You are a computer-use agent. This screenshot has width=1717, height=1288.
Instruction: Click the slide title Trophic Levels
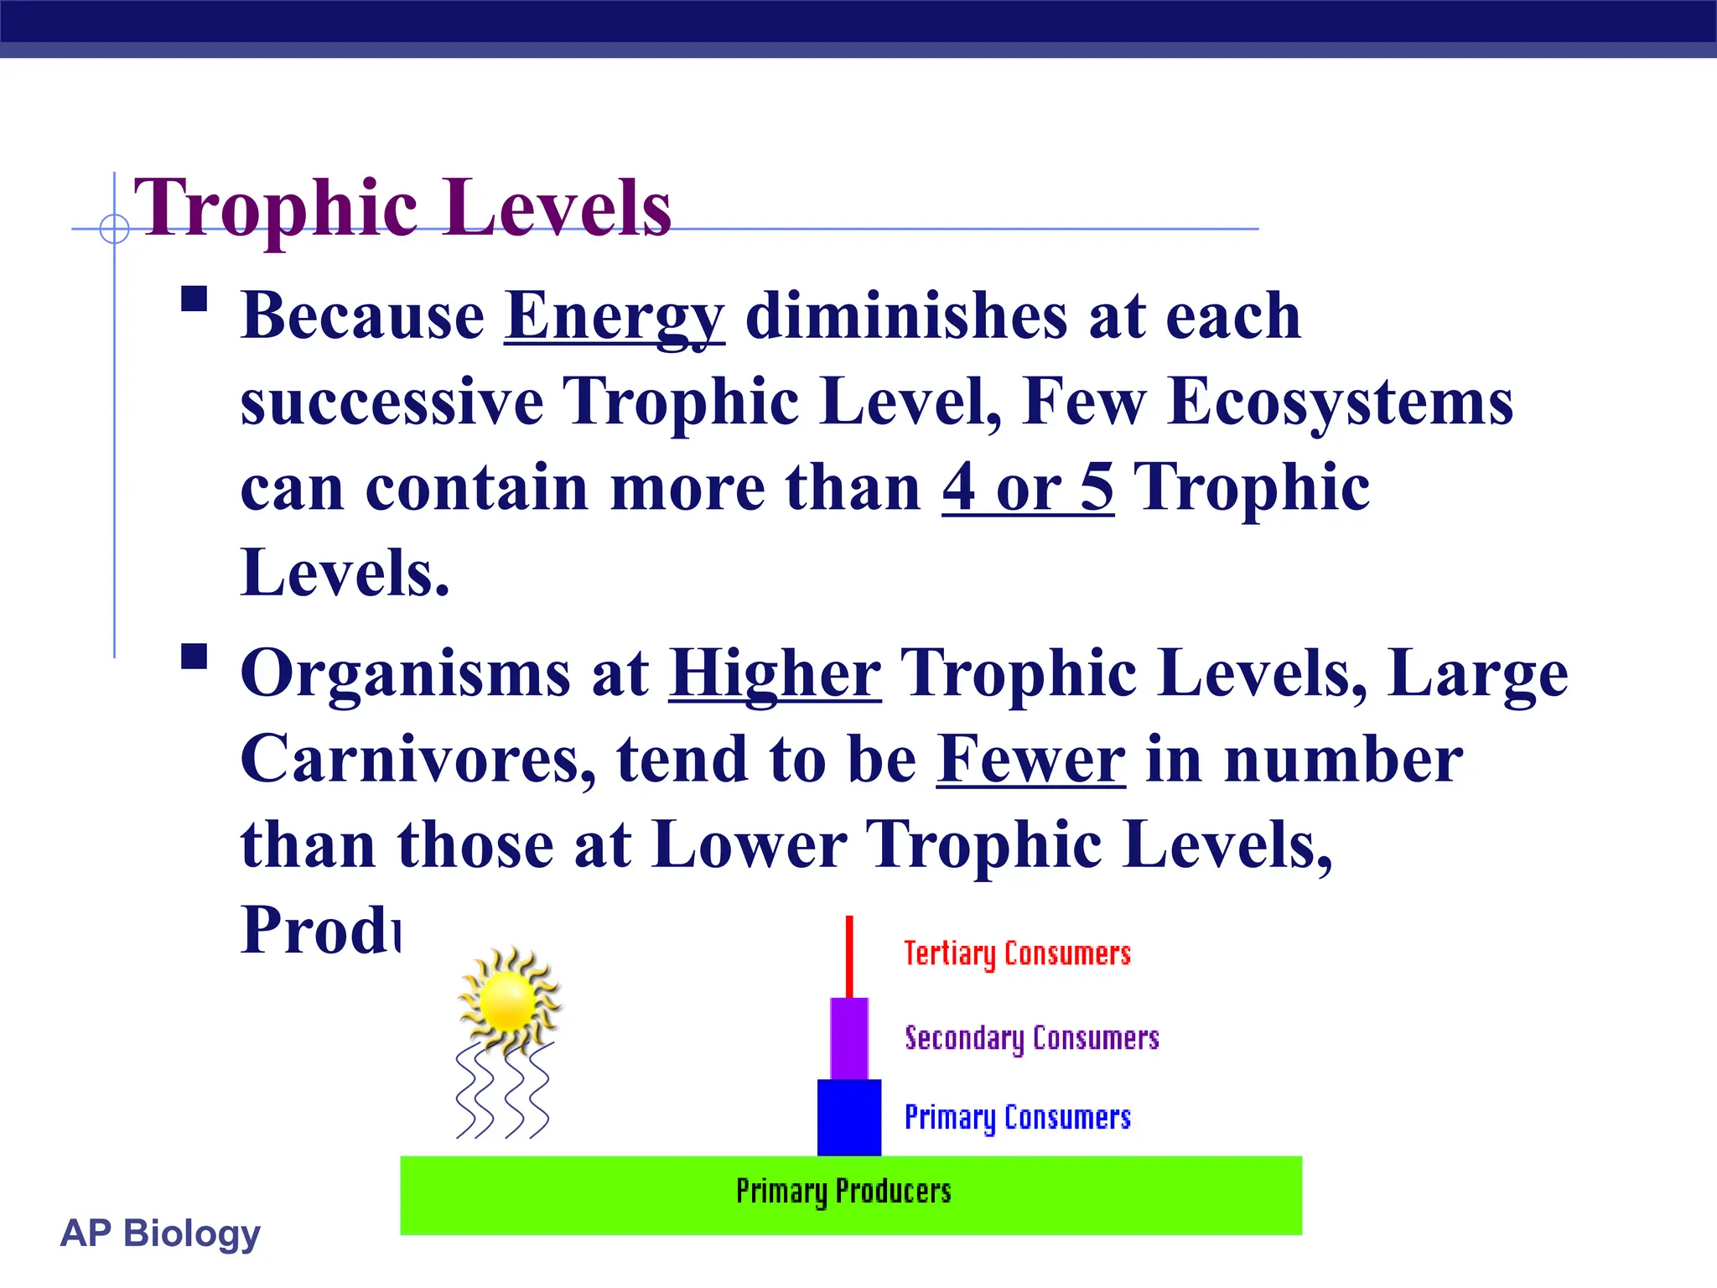click(402, 208)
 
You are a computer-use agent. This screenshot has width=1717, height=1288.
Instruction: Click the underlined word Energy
click(615, 317)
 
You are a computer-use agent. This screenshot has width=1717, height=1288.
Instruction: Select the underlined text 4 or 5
click(1028, 488)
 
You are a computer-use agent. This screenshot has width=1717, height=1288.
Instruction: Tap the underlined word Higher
click(775, 674)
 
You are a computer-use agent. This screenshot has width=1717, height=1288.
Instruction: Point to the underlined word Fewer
click(1030, 760)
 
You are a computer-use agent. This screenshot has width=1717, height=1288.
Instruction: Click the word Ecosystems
click(1340, 402)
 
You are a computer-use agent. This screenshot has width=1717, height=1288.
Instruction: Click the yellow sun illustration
click(509, 1000)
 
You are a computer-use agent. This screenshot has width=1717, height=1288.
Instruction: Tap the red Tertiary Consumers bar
click(849, 956)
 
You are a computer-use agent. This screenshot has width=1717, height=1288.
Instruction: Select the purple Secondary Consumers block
click(849, 1038)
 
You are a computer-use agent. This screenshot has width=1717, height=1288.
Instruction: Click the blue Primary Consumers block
click(849, 1117)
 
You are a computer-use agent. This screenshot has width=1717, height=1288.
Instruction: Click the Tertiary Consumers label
click(1017, 954)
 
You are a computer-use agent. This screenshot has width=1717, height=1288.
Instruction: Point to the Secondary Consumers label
click(1031, 1038)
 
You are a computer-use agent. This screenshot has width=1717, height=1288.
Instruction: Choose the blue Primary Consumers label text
click(1017, 1118)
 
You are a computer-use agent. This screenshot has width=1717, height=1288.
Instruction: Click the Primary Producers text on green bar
click(843, 1192)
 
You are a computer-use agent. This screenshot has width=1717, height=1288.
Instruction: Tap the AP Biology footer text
click(160, 1233)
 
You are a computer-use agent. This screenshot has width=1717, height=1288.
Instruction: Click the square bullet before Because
click(195, 299)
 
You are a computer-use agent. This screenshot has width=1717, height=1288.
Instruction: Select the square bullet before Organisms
click(195, 657)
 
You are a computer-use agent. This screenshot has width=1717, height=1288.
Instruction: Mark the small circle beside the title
click(114, 228)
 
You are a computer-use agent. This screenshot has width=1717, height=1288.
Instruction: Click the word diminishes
click(906, 317)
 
